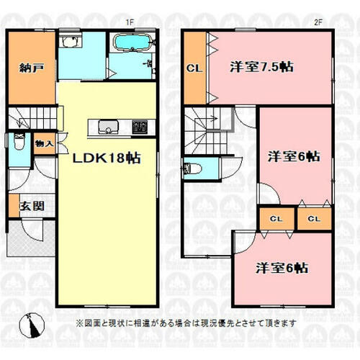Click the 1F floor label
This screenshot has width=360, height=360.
(130, 22)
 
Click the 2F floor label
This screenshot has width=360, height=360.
(318, 22)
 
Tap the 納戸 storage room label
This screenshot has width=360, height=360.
(32, 68)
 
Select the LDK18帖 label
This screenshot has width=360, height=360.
(107, 158)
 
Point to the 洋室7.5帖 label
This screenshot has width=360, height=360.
(261, 67)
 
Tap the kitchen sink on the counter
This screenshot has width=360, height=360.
(109, 127)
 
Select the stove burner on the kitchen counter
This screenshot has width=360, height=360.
(140, 127)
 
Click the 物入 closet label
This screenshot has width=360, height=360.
(44, 144)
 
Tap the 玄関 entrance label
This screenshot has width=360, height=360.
(32, 206)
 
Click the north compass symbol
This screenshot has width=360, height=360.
(32, 325)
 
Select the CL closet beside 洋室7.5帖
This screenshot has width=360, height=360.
(194, 68)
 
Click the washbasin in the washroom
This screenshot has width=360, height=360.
(71, 42)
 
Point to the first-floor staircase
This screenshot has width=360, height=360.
(33, 118)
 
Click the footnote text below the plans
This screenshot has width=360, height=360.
(186, 323)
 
